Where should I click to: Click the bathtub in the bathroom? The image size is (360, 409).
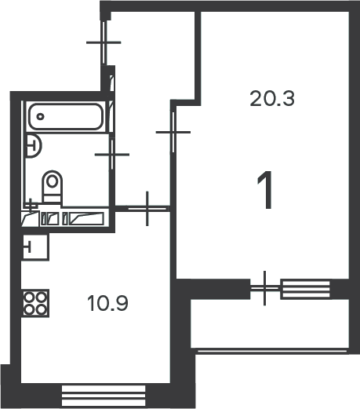(x=65, y=116)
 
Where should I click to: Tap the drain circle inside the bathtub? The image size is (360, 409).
(x=40, y=116)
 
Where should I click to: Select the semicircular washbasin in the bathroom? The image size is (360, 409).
(x=34, y=146)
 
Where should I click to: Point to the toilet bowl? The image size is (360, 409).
(x=53, y=186)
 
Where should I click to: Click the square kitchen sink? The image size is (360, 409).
(x=35, y=246)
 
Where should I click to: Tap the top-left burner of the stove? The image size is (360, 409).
(x=28, y=298)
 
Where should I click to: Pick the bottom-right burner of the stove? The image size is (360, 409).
(x=42, y=310)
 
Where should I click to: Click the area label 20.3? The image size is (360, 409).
(x=272, y=98)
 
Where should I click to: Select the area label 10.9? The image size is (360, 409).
(x=107, y=303)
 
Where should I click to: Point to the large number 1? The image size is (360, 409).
(x=265, y=190)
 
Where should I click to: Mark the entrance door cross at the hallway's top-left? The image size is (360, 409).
(x=104, y=42)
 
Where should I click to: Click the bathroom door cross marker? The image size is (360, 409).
(x=112, y=155)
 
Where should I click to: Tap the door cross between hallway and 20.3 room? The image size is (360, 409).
(x=173, y=132)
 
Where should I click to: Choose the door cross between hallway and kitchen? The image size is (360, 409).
(x=147, y=209)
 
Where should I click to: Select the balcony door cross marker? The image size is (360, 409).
(x=265, y=288)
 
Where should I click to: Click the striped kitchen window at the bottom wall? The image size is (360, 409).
(x=104, y=396)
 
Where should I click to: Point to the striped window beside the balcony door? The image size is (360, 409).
(x=305, y=289)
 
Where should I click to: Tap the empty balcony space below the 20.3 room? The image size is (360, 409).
(x=270, y=323)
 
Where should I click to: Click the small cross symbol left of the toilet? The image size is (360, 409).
(x=31, y=205)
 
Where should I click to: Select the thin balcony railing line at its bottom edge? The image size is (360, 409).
(x=272, y=351)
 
